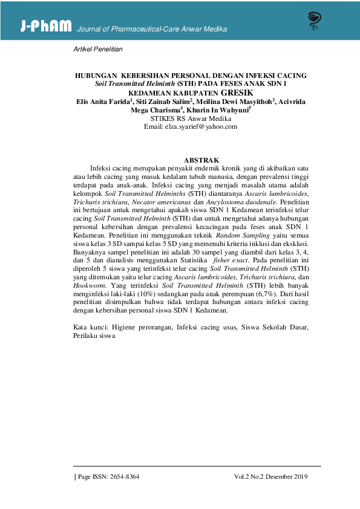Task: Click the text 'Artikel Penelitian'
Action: coord(97,48)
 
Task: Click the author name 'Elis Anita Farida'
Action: coord(102,102)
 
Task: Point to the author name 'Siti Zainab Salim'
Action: coord(162,102)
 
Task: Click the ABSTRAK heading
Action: coord(191,159)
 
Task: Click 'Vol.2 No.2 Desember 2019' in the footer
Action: coord(271,476)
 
